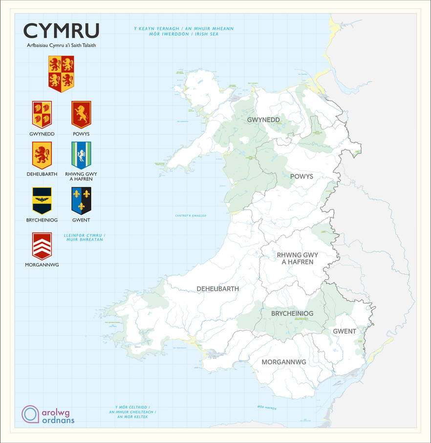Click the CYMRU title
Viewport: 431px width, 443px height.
61,30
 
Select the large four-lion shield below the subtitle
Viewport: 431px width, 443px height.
61,73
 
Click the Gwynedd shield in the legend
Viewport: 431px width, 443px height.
42,114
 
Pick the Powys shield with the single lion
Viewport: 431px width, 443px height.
81,114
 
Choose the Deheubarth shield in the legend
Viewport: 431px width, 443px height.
42,155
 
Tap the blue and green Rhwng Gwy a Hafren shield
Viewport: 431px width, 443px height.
81,155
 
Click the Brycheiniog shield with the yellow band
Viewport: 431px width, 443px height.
42,200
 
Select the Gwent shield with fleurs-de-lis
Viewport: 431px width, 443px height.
81,200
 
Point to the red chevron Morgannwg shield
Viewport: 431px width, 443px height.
42,245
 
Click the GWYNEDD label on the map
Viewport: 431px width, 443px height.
263,120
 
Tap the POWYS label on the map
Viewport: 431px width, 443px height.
302,176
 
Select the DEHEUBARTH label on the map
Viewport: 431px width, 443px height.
218,289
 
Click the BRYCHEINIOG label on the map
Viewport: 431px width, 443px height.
292,313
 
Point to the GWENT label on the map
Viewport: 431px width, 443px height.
345,332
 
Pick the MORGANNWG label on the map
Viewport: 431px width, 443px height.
284,362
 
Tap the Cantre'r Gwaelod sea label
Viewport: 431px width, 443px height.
191,216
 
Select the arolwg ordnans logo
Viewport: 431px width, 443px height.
48,415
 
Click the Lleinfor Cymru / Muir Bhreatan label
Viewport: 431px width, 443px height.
85,238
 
